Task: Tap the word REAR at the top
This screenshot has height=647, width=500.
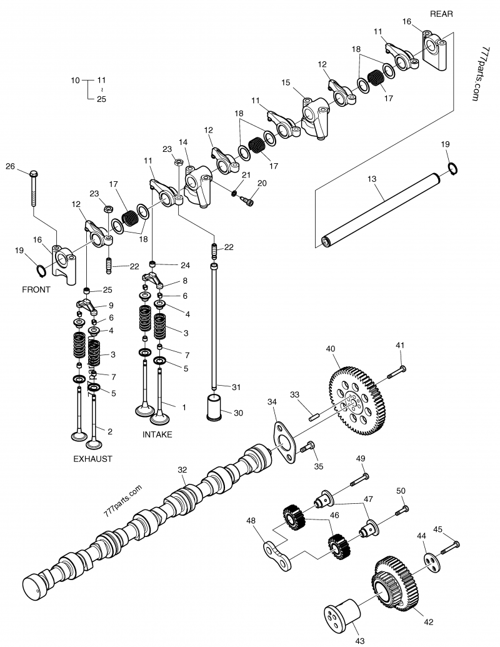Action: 441,14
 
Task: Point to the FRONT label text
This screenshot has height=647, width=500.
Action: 36,290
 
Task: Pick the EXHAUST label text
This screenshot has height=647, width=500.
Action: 92,458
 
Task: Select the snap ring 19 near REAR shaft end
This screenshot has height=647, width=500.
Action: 454,168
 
